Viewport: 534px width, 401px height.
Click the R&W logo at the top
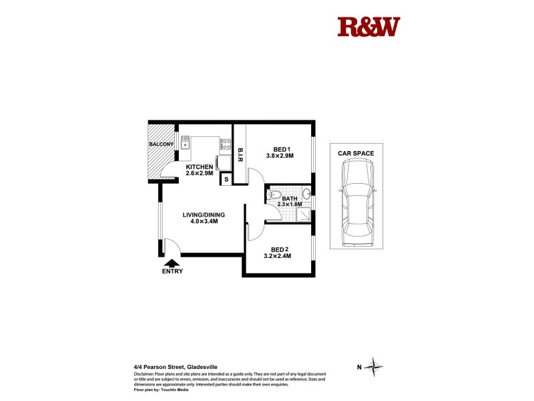[368, 27]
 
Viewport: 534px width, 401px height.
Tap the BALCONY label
[162, 144]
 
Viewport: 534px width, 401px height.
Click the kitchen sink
[186, 143]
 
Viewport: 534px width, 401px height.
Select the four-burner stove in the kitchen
[226, 143]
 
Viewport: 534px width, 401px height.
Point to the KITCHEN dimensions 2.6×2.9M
[199, 173]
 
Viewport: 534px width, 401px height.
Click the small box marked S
[226, 178]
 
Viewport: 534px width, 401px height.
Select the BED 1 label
[280, 148]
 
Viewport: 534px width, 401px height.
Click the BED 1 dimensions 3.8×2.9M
[280, 156]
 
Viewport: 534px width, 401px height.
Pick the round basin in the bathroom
[306, 194]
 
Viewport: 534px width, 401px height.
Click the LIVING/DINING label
[204, 215]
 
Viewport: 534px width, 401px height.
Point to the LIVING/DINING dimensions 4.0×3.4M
[204, 221]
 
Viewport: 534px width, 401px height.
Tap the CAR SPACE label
[355, 153]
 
